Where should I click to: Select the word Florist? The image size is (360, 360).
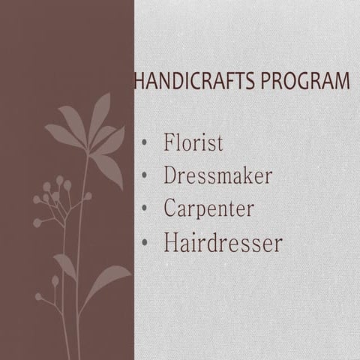[193, 143]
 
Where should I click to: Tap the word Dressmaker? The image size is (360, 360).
[217, 176]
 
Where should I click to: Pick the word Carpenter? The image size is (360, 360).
[208, 208]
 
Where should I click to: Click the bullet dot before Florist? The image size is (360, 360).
[145, 143]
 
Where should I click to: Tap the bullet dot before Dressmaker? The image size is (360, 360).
[145, 176]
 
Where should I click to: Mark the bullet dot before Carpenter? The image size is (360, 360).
[145, 208]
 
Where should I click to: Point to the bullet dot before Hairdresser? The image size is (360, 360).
[145, 242]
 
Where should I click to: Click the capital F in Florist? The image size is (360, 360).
[169, 142]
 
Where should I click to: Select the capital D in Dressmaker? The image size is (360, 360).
[170, 175]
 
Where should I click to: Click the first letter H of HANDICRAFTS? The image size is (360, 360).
[139, 80]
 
